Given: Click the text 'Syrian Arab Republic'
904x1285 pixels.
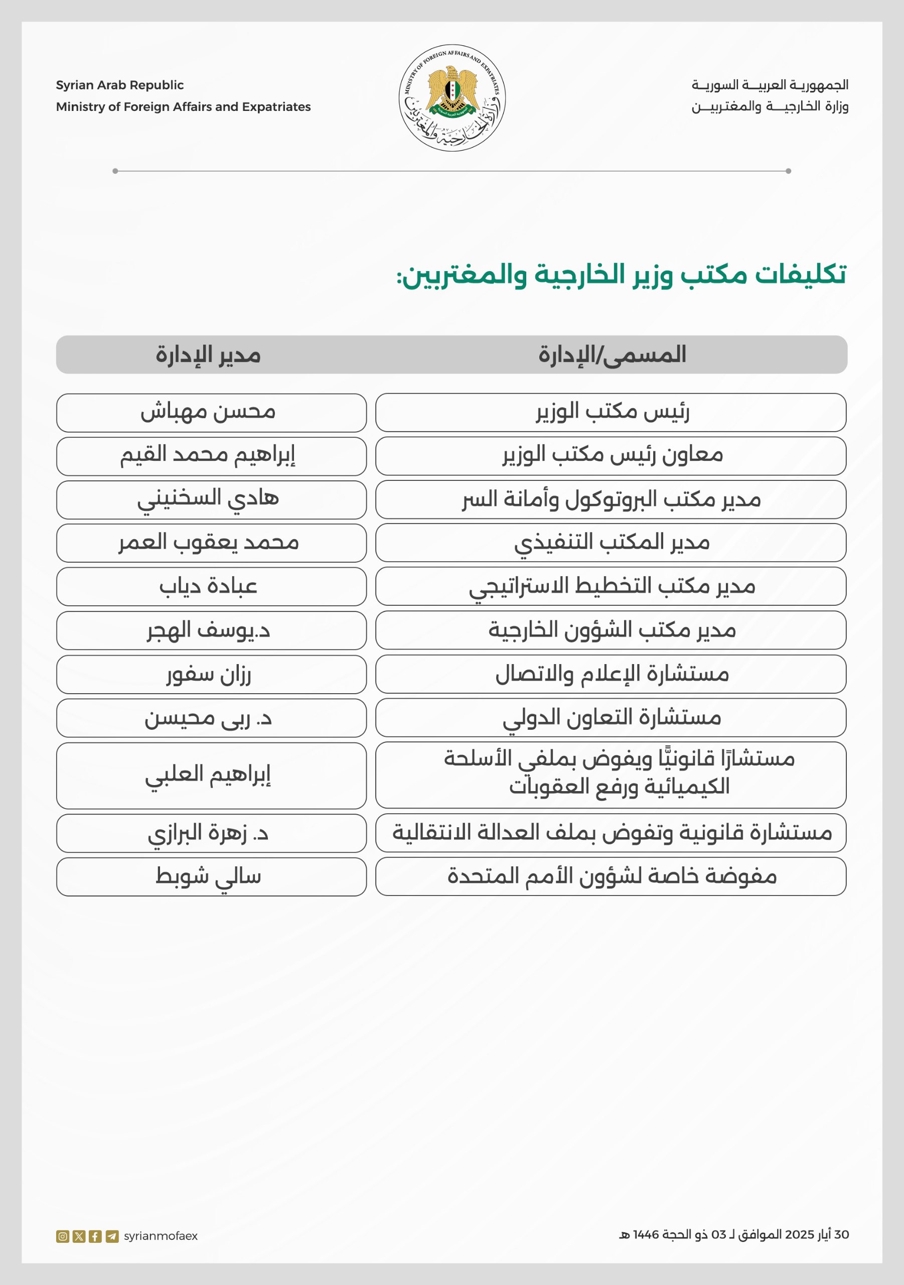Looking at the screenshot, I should pos(120,85).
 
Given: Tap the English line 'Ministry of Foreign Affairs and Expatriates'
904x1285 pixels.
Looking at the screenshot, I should pos(183,107).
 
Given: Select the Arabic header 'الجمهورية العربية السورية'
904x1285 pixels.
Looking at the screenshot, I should pos(770,85).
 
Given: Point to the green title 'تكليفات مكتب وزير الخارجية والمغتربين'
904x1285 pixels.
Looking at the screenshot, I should pos(621,275).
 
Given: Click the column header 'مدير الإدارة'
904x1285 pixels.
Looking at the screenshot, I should pos(208,355).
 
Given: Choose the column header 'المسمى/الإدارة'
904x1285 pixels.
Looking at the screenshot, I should pos(612,355).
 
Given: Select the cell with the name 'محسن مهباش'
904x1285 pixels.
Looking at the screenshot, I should pos(208,413).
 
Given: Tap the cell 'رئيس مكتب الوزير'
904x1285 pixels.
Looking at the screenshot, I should pos(612,413).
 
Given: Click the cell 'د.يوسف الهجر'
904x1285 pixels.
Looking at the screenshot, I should pos(208,630).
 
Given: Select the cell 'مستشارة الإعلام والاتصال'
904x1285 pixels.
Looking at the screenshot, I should pos(612,674).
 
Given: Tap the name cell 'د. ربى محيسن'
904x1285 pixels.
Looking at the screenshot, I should pos(208,717).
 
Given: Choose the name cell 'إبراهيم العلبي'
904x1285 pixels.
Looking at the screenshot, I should pos(208,775).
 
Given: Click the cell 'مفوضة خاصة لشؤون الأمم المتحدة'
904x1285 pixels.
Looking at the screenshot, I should pos(612,876).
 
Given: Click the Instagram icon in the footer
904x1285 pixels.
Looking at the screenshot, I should pos(63,1236).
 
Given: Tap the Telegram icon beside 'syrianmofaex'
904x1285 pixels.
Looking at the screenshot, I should pos(112,1236).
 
